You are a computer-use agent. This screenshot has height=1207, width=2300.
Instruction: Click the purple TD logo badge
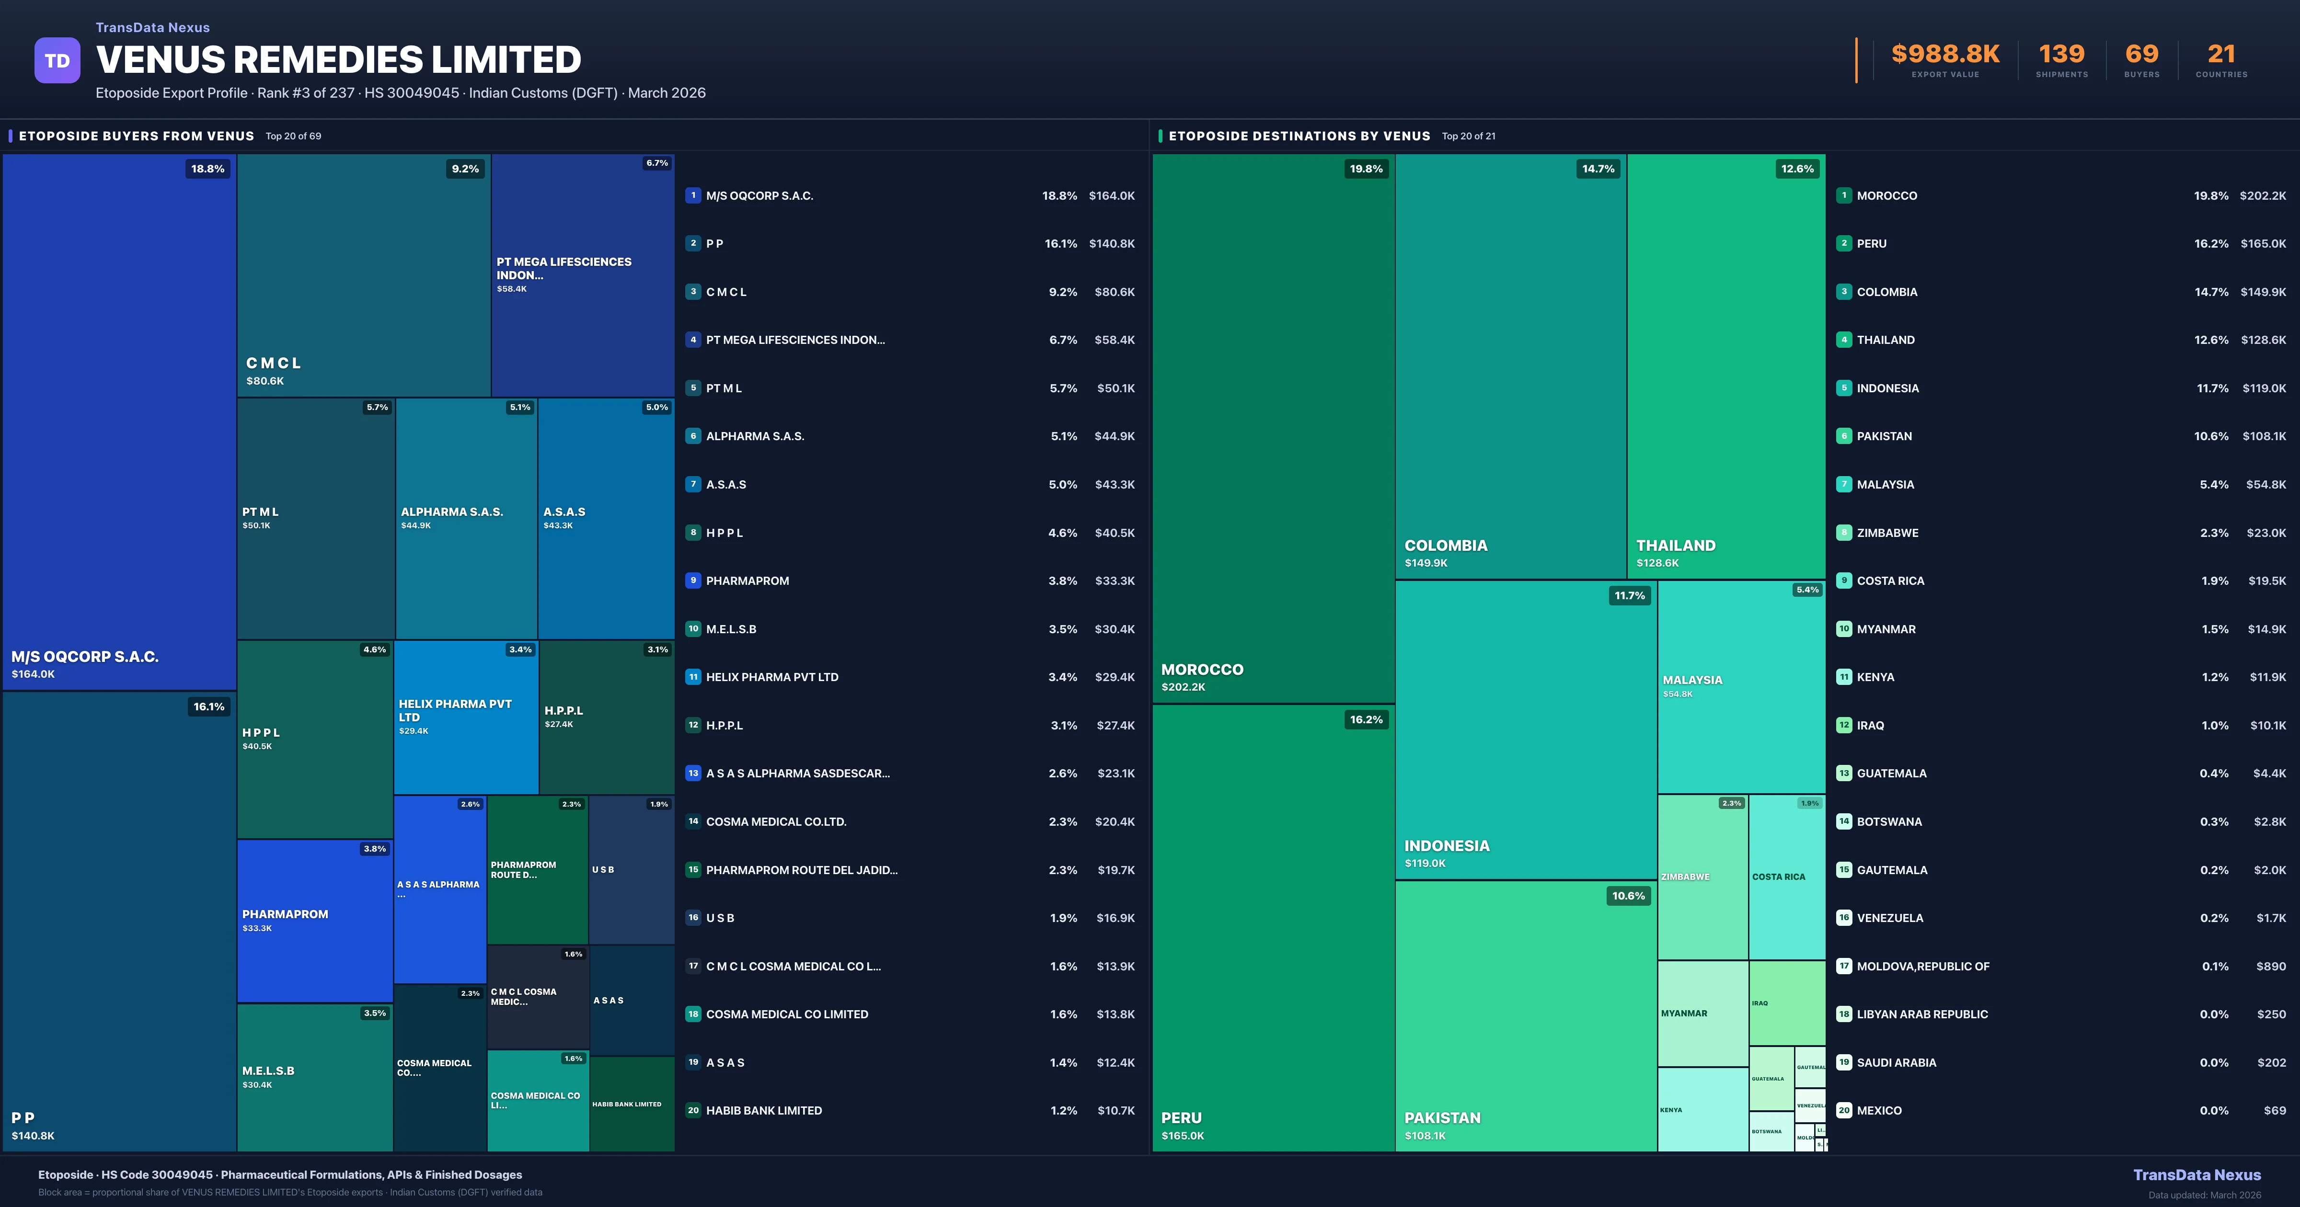coord(57,61)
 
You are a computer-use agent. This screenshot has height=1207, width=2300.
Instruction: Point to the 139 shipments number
coord(2061,55)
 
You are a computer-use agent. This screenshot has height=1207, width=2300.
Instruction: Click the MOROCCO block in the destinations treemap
coord(1273,429)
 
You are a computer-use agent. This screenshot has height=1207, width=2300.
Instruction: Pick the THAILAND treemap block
coord(1726,366)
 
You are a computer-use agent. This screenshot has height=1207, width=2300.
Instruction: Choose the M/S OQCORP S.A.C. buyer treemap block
coord(119,421)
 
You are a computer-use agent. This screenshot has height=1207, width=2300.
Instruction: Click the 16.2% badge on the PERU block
coord(1366,719)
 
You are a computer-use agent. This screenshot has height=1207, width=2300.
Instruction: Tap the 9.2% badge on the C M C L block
coord(465,169)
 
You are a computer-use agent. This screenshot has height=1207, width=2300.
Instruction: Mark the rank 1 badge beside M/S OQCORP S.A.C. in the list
coord(693,195)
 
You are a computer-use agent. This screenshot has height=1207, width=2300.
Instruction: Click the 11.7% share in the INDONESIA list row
coord(2212,388)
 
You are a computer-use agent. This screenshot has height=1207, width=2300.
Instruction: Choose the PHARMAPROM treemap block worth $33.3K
coord(314,921)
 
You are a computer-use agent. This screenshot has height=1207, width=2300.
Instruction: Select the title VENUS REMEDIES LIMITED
coord(338,60)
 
